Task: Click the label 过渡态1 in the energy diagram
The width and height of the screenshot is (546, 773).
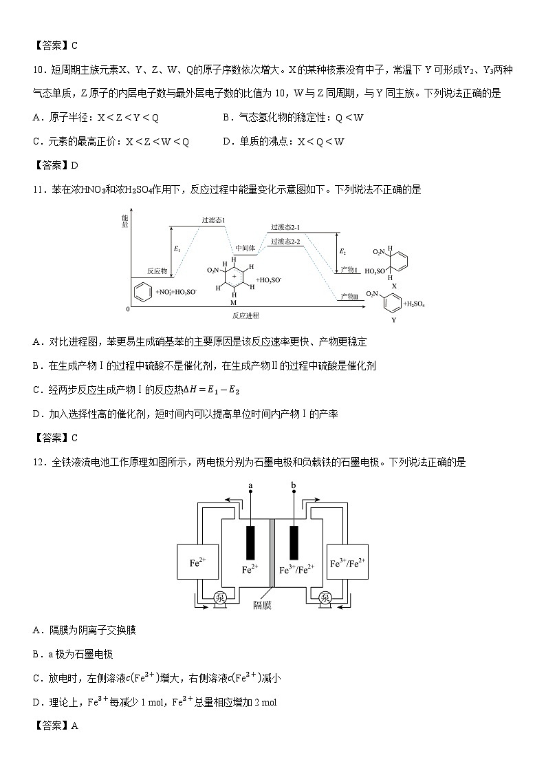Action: (x=214, y=220)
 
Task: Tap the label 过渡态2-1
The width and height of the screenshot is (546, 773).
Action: (x=285, y=226)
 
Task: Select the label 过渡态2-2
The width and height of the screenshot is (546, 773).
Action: (x=285, y=241)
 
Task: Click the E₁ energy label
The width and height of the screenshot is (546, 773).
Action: (x=177, y=248)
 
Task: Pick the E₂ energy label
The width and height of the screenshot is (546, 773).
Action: (x=343, y=252)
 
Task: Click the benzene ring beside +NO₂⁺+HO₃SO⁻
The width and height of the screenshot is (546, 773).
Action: (x=140, y=292)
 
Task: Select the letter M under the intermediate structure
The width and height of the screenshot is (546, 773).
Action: (x=234, y=301)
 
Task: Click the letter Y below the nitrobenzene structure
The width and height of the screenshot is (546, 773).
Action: (x=394, y=320)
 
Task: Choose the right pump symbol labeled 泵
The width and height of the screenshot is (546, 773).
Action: (x=326, y=597)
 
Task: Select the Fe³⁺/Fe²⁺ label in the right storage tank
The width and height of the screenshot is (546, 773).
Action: (x=347, y=563)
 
